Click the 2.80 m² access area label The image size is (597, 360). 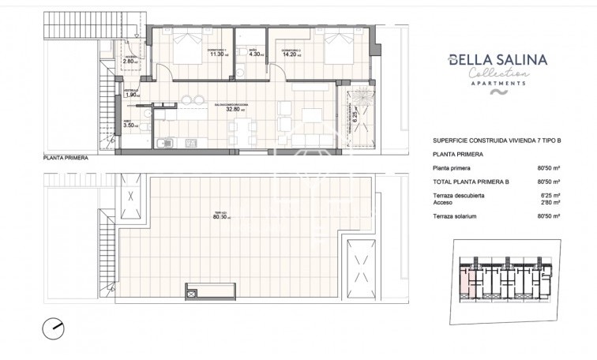(130, 61)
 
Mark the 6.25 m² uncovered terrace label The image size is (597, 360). (355, 114)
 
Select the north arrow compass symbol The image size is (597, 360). (53, 327)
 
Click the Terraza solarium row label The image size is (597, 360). (455, 216)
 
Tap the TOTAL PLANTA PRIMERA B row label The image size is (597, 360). (471, 182)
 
